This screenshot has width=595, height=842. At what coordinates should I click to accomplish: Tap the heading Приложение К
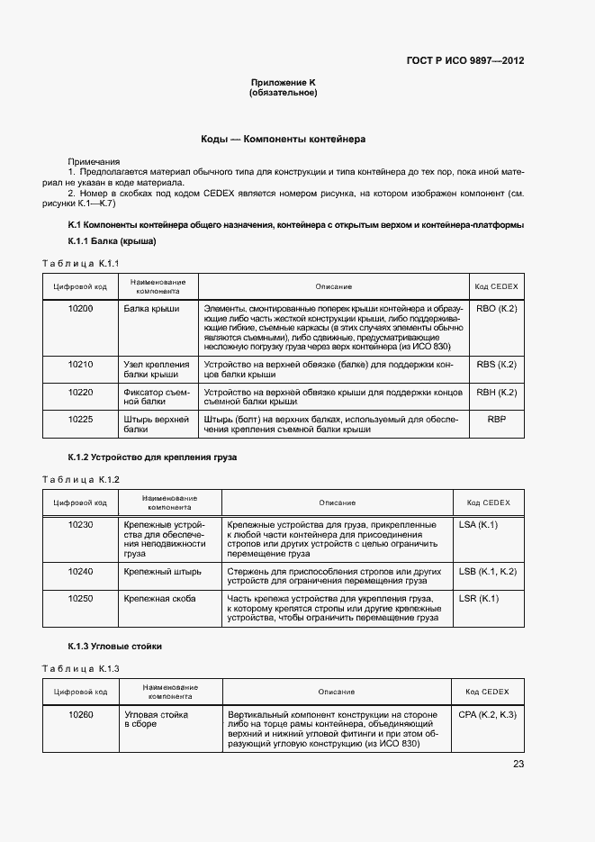pos(284,82)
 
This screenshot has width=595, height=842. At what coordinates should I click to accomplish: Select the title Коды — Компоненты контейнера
pos(283,140)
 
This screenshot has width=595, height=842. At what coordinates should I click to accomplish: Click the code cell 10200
pos(80,309)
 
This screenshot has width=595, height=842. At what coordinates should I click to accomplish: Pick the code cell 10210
pos(80,365)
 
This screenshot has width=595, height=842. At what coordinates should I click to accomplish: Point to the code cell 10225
pos(80,420)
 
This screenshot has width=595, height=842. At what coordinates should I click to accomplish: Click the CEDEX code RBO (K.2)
pos(496,309)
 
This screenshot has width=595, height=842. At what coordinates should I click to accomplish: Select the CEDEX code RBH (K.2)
pos(496,392)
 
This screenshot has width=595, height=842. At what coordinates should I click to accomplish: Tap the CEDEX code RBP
pos(496,420)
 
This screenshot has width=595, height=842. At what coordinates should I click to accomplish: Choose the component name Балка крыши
pos(151,309)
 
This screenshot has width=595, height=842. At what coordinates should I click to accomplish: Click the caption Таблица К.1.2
pos(81,479)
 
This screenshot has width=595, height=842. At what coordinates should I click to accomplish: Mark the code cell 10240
pos(80,571)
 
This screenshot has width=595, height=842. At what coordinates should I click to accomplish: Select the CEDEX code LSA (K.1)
pos(479,524)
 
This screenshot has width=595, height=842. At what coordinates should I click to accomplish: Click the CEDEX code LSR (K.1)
pos(479,599)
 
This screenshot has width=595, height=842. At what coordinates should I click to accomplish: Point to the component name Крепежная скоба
pos(160,599)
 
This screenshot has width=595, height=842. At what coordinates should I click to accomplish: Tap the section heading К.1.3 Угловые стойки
pos(115,647)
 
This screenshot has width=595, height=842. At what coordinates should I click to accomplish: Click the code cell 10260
pos(80,714)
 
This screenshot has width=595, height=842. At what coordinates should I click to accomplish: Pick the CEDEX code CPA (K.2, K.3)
pos(487,714)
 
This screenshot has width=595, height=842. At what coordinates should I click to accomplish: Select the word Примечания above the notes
pos(94,160)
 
